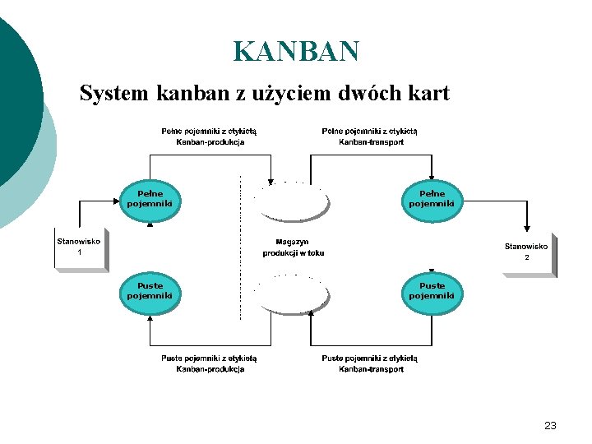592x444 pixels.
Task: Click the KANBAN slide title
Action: [x=296, y=51]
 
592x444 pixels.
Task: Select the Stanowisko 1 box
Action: [x=80, y=248]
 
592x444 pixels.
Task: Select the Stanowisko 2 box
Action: [x=526, y=252]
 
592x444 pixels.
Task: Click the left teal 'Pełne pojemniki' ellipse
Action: [x=150, y=199]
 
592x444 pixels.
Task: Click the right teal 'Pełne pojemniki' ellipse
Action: [x=432, y=199]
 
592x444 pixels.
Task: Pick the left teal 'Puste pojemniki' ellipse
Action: [x=150, y=291]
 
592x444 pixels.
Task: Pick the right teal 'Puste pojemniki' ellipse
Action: [x=432, y=291]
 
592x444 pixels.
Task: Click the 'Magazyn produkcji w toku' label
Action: [x=293, y=247]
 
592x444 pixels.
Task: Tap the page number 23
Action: [x=550, y=426]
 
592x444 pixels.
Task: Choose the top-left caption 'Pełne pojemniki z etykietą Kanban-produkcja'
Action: [x=210, y=136]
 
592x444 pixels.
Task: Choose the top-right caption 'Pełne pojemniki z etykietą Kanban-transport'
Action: [x=371, y=136]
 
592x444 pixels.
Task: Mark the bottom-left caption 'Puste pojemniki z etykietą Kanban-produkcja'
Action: [x=210, y=363]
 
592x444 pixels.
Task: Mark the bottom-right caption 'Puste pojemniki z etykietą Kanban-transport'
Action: [x=371, y=363]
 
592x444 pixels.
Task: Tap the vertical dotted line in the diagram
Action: [x=239, y=247]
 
